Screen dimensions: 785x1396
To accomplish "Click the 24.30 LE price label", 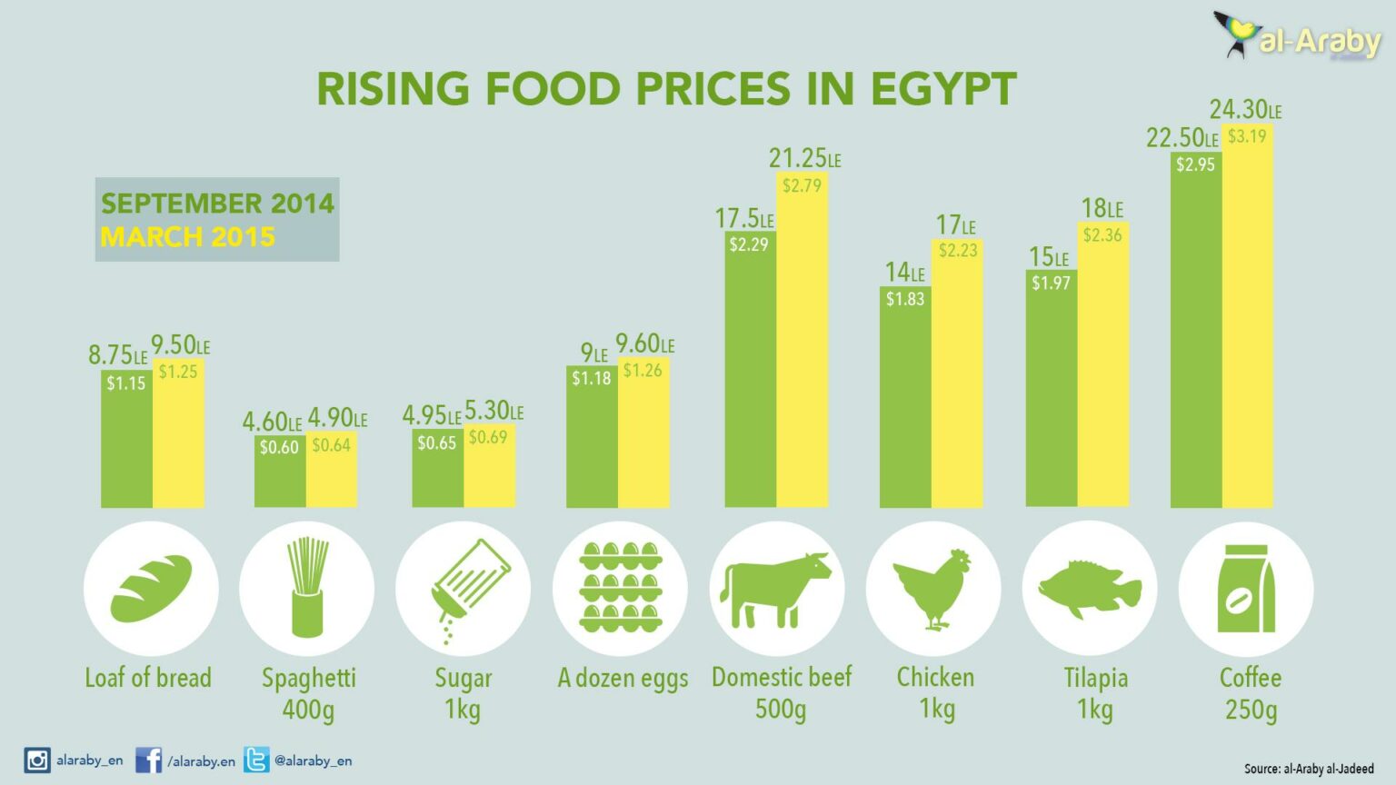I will coord(1244,110).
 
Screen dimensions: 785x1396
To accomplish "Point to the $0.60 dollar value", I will coord(279,447).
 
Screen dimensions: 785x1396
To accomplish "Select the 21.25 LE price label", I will coord(804,159).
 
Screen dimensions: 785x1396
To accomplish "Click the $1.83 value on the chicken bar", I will coord(904,299).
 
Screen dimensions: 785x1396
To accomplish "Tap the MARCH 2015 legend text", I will coord(187,237).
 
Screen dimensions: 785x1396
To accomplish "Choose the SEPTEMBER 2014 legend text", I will coord(217,204).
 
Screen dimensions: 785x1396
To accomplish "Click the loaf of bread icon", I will coord(151,588).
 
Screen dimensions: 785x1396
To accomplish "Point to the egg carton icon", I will coord(621,588).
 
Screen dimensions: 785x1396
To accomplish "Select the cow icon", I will coord(777,588).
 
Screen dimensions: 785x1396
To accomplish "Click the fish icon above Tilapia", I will coord(1089,588).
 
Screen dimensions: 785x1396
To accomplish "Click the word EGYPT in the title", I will coord(942,89).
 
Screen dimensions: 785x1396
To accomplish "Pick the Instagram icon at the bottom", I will coord(37,760).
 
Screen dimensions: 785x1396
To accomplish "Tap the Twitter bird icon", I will coord(256,760).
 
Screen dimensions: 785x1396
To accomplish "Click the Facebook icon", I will coord(148,760).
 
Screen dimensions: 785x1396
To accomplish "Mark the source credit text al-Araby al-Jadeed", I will coord(1328,769).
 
